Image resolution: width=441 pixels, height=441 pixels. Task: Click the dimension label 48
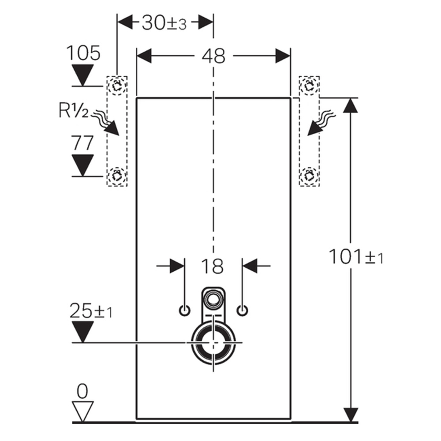pyautogui.click(x=213, y=56)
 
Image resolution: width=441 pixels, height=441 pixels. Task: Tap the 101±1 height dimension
pyautogui.click(x=356, y=257)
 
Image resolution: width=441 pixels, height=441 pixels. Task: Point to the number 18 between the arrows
pyautogui.click(x=213, y=266)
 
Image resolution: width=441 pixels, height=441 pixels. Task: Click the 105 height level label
pyautogui.click(x=83, y=53)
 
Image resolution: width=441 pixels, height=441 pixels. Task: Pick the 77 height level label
pyautogui.click(x=83, y=143)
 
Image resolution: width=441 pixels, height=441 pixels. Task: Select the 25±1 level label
pyautogui.click(x=90, y=312)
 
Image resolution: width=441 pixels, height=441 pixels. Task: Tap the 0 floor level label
pyautogui.click(x=82, y=391)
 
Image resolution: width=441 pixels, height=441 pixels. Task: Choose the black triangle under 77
pyautogui.click(x=83, y=164)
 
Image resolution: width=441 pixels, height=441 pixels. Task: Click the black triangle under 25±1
pyautogui.click(x=83, y=331)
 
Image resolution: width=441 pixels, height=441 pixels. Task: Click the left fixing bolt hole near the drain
pyautogui.click(x=185, y=310)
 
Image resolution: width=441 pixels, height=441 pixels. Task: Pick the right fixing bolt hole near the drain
pyautogui.click(x=242, y=310)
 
